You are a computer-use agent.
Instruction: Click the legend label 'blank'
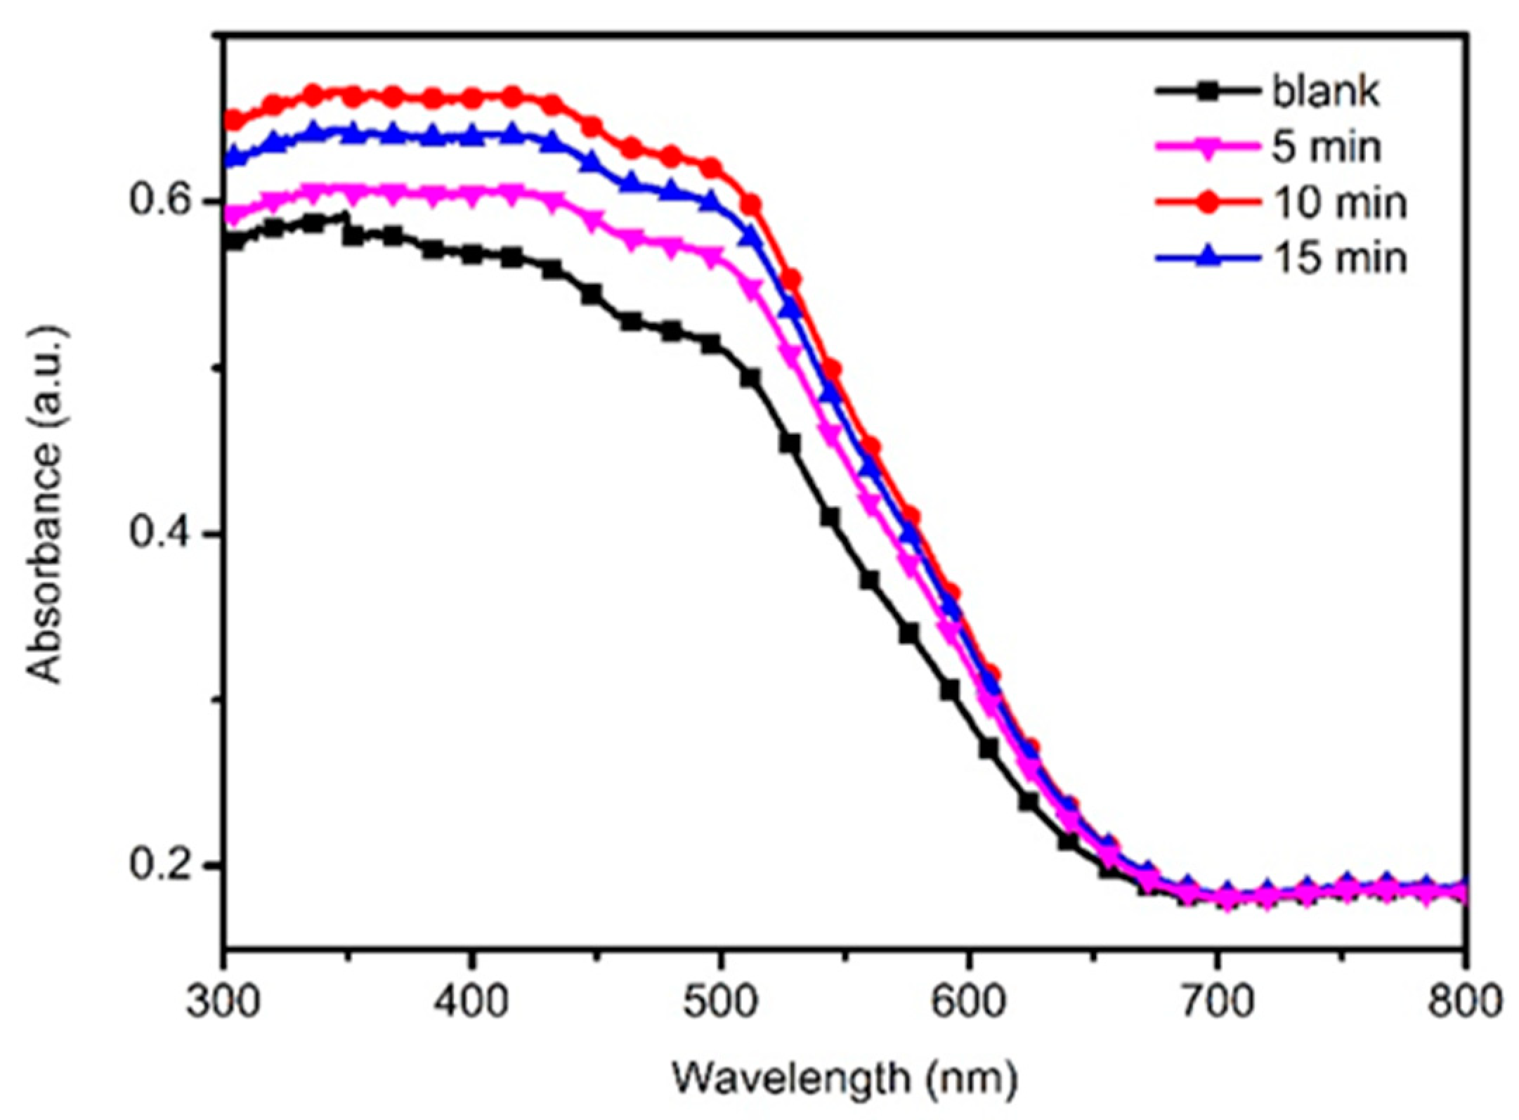tap(1325, 92)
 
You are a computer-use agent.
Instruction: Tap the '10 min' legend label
tap(1339, 203)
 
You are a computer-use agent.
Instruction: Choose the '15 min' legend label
tap(1339, 258)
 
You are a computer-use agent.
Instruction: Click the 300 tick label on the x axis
tap(223, 1001)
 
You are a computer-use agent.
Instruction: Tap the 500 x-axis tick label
tap(720, 1001)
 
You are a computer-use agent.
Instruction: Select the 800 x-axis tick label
tap(1465, 1001)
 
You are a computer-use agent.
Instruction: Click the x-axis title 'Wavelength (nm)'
tap(845, 1079)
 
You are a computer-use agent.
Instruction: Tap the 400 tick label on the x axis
tap(471, 1001)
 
